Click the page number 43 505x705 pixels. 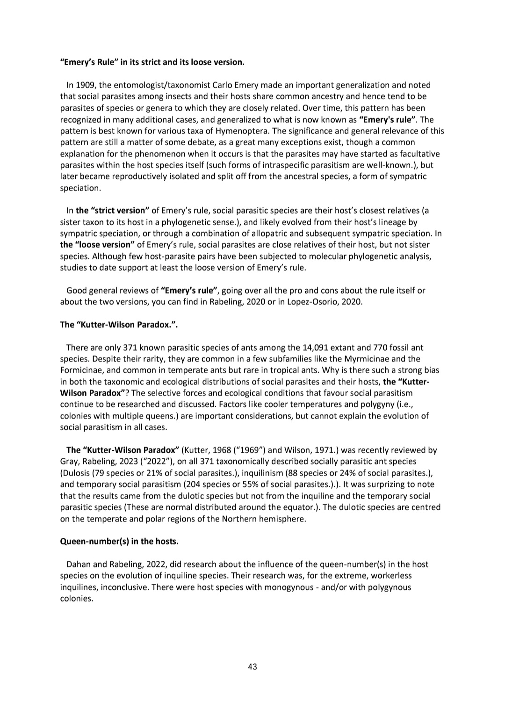coord(252,667)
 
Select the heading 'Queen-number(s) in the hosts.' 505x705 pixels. coord(119,542)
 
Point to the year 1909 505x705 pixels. coord(85,85)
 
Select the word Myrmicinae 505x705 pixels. coord(367,359)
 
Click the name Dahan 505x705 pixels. coord(78,565)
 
